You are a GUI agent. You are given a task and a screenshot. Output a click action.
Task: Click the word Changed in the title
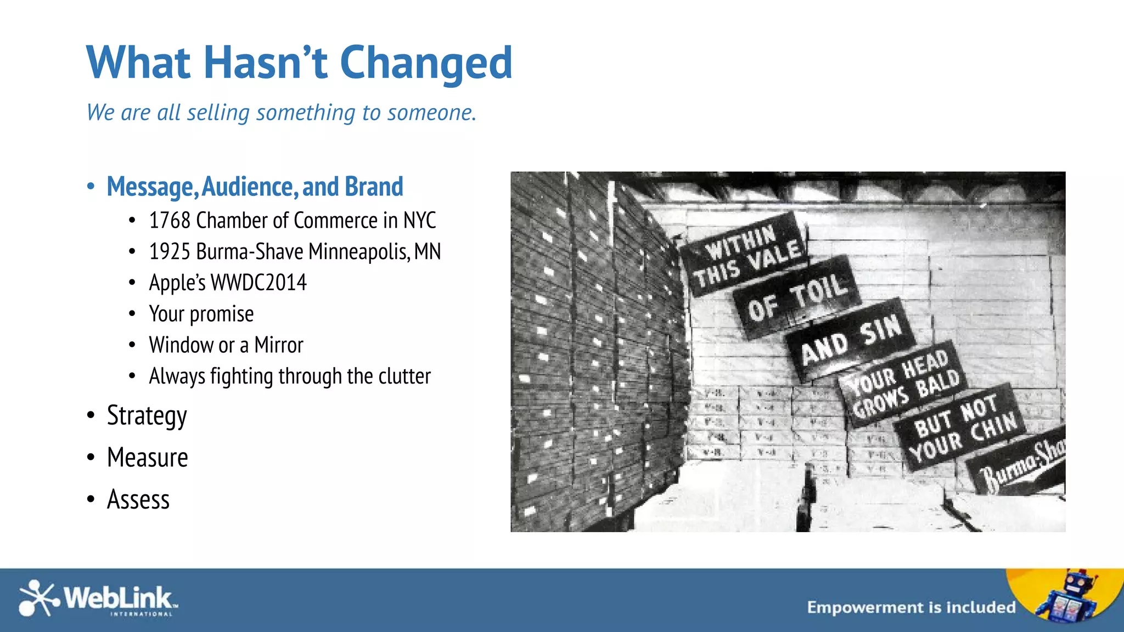pos(426,63)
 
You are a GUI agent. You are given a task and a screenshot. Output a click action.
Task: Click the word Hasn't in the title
pos(266,62)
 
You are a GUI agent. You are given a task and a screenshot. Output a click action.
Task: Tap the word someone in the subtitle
pos(431,112)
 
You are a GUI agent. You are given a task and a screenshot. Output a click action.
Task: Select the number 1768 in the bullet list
pos(170,221)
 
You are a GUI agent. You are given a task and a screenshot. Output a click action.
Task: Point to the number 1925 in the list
pos(170,252)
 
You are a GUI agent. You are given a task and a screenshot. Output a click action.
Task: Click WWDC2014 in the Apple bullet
pos(258,283)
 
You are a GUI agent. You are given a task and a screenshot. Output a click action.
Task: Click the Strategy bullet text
pos(147,415)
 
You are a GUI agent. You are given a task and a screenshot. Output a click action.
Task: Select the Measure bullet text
pos(148,458)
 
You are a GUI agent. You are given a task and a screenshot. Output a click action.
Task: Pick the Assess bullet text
pos(138,499)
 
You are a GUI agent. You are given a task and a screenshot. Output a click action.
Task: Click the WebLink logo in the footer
pos(98,599)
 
